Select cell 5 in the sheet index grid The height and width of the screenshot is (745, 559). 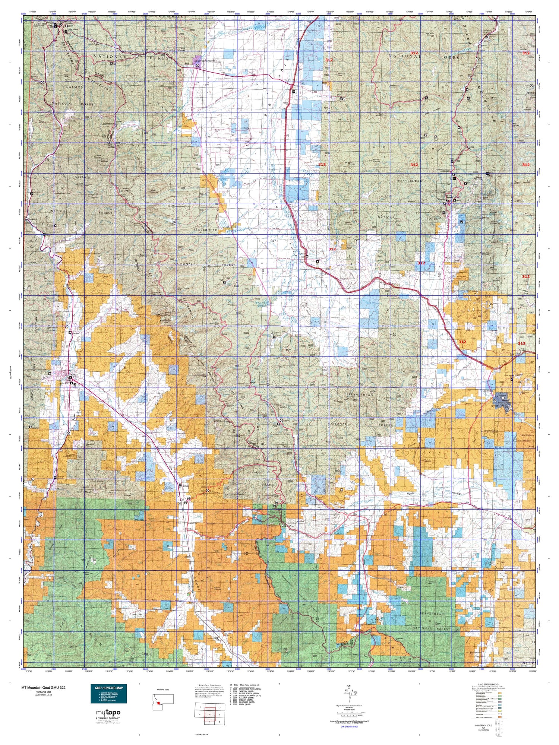(210, 714)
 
